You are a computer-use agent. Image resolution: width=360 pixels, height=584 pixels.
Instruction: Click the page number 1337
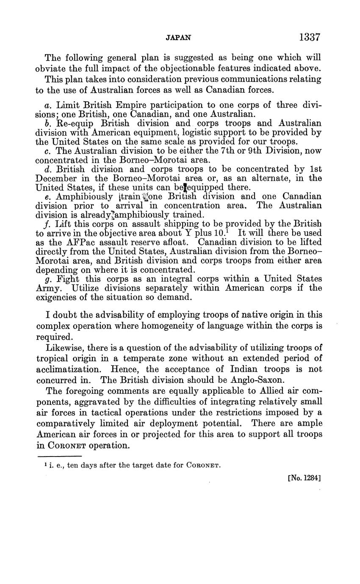coord(309,37)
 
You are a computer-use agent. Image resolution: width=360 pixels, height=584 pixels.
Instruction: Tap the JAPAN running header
coord(178,38)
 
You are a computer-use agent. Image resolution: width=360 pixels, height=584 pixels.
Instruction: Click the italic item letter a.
coord(47,105)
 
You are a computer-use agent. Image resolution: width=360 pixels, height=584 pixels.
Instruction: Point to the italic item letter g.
coord(47,280)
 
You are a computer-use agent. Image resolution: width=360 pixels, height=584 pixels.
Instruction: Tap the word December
coord(56,178)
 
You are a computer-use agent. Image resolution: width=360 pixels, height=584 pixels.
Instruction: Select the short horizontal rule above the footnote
coord(59,456)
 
